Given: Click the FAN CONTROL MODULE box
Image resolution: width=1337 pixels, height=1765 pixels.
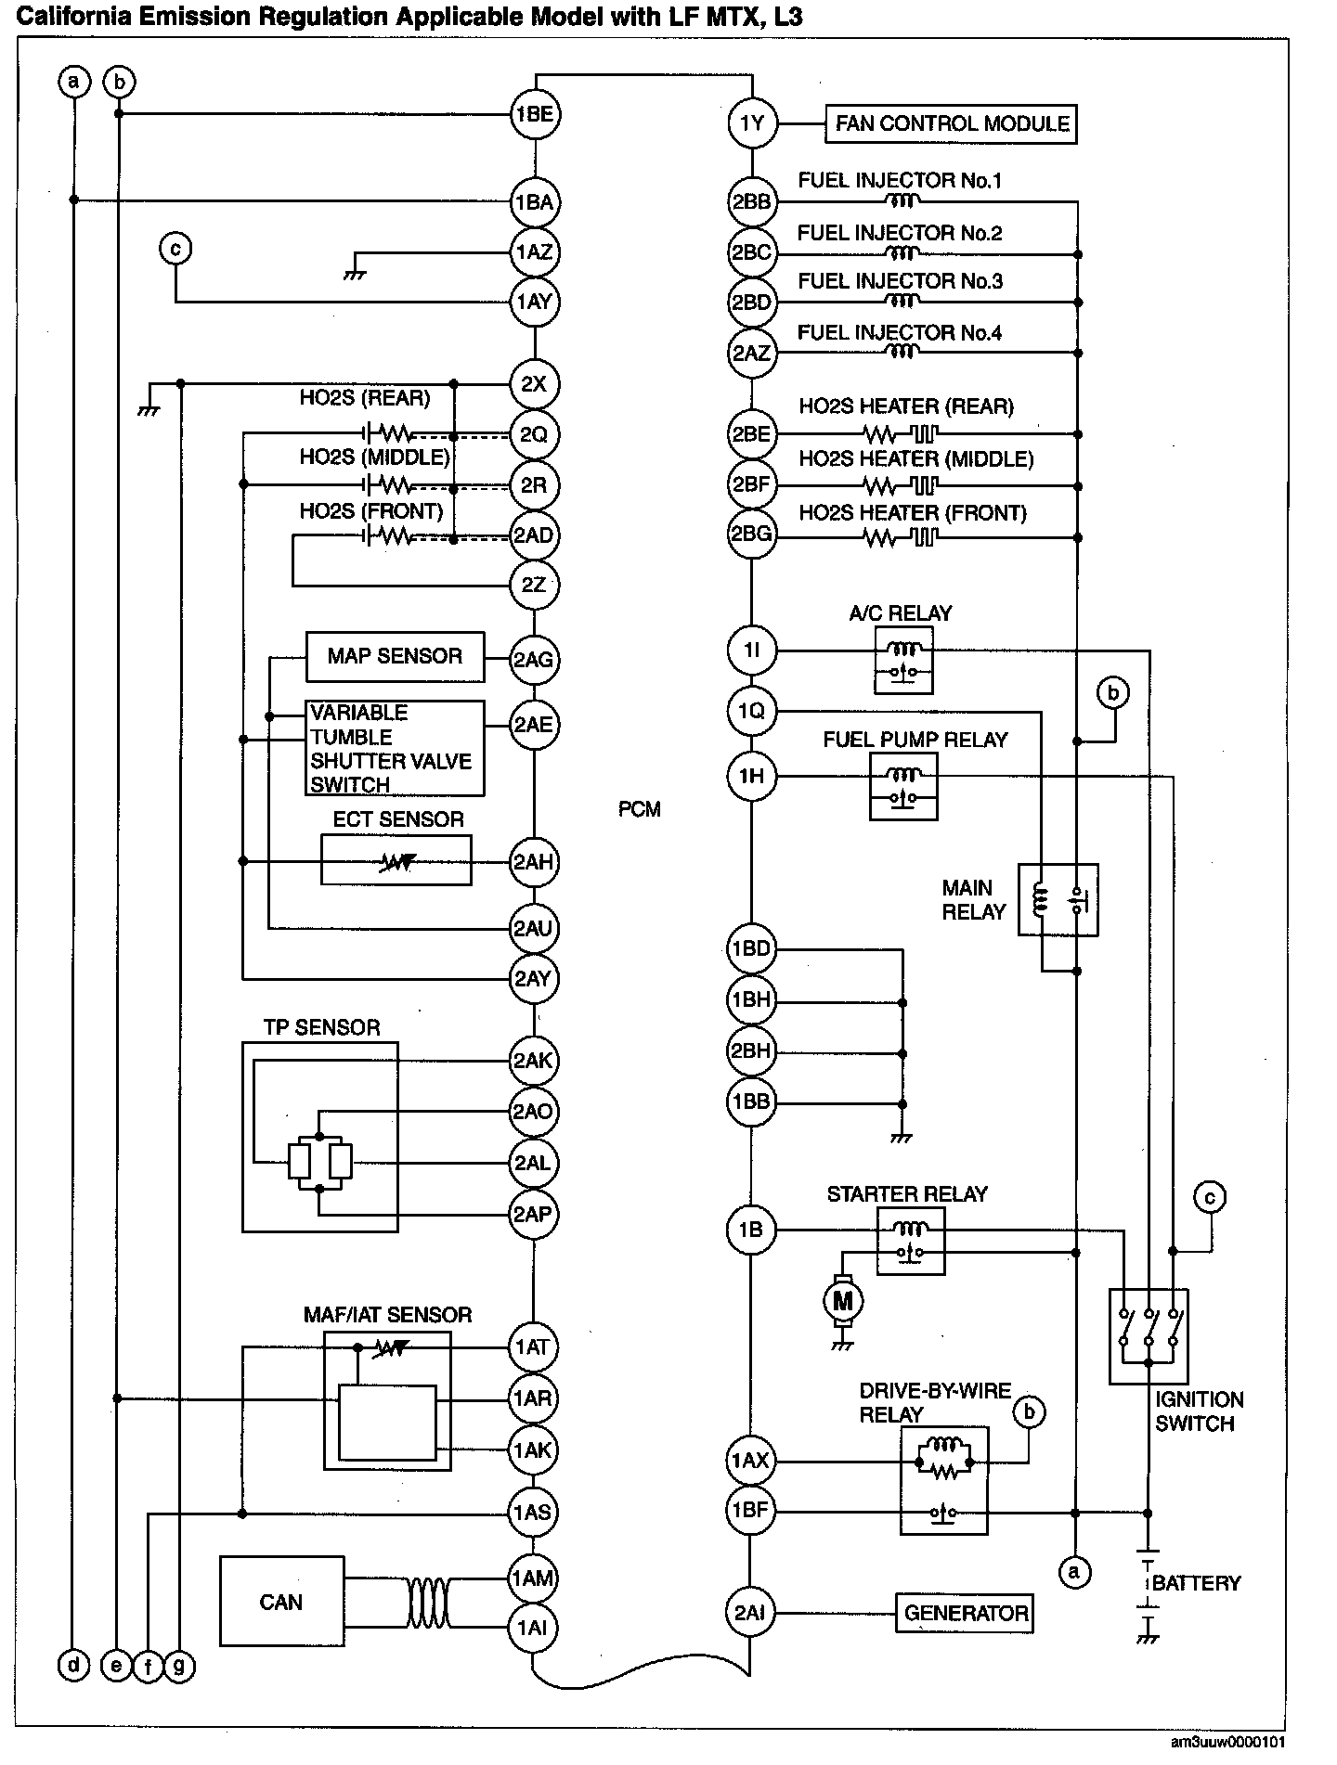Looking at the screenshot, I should click(950, 123).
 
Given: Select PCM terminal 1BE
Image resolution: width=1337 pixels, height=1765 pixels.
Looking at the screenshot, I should click(535, 114).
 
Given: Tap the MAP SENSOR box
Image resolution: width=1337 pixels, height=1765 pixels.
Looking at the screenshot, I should click(395, 657).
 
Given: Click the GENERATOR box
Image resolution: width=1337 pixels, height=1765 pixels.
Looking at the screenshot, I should click(965, 1613).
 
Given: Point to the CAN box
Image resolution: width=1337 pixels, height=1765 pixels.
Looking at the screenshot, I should click(281, 1602).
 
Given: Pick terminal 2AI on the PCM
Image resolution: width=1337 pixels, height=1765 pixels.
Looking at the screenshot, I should click(749, 1613).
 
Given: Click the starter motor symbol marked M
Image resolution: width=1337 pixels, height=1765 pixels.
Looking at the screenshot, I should click(843, 1301).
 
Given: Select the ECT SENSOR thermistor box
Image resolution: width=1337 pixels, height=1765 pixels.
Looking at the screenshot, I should click(396, 861).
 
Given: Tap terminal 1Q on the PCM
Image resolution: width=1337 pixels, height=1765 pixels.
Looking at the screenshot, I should click(751, 712).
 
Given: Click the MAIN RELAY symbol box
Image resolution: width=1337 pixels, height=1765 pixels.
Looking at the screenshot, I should click(1058, 899).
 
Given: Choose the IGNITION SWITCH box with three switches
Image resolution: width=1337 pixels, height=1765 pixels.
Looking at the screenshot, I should click(1149, 1335).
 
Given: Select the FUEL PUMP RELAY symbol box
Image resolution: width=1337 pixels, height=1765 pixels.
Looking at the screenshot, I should click(903, 786).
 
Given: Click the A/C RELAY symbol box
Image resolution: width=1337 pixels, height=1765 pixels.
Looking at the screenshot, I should click(903, 659).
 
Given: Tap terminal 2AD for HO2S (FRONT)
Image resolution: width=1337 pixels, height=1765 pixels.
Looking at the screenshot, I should click(535, 535).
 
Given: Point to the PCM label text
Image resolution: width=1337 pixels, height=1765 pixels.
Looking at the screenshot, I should click(640, 809).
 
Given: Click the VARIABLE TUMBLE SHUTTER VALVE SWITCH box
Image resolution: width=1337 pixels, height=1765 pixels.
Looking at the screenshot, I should click(395, 748).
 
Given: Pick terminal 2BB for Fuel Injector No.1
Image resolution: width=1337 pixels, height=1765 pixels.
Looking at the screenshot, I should click(751, 201).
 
